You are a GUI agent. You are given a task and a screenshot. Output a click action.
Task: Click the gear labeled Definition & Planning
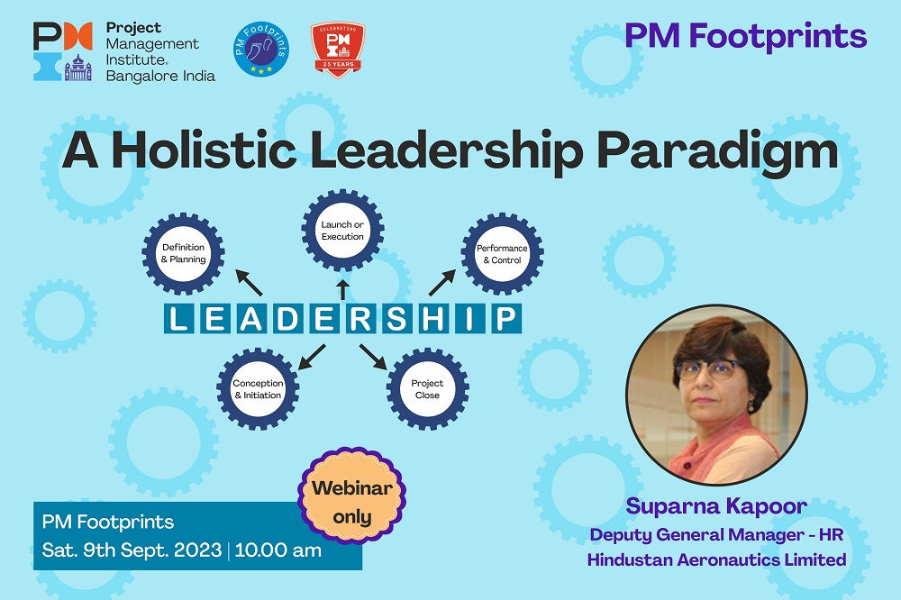pos(183,253)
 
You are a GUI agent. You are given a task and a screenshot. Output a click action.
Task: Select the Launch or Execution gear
pos(342,231)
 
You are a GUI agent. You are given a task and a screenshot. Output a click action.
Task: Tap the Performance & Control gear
pos(502,254)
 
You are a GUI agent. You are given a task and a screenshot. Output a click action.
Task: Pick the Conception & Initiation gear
pos(258,389)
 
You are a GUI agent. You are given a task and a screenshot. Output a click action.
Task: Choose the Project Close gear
pos(427,389)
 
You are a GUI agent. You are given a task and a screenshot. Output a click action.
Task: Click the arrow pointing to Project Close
pos(373,357)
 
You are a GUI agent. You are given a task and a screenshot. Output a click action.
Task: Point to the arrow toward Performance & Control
pos(441,283)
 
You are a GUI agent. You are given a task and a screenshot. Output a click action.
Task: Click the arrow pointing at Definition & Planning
pos(249,283)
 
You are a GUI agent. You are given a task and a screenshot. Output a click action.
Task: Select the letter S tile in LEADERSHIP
pos(397,319)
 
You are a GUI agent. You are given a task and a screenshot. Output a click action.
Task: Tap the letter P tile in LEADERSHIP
pos(506,319)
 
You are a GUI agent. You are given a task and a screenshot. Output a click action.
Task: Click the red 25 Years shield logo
pos(338,50)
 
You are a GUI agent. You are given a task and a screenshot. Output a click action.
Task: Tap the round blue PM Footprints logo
pos(261,50)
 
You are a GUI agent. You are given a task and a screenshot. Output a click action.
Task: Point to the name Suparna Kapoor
pos(716,506)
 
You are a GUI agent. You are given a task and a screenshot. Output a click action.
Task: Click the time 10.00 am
pos(278,550)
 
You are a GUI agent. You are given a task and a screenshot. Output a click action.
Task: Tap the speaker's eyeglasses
pos(707,369)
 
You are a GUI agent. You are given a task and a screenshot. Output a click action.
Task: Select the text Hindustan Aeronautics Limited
pos(716,559)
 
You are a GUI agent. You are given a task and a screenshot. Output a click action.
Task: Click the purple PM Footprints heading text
pos(746,36)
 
